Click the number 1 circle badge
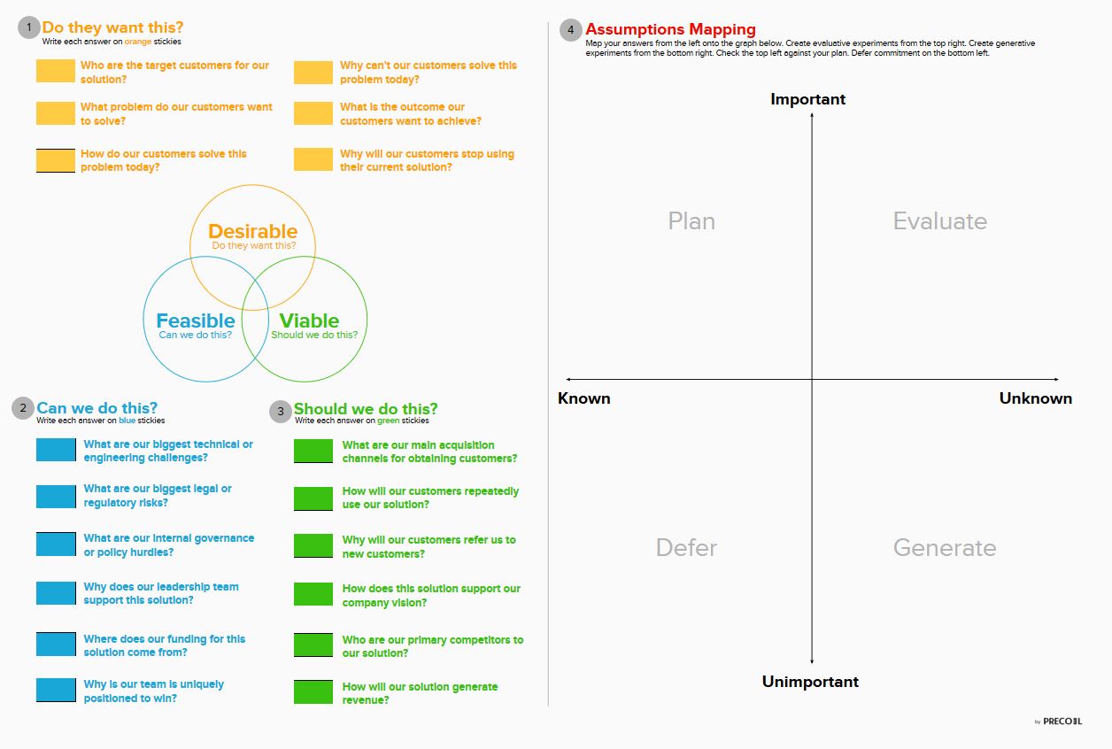tap(29, 27)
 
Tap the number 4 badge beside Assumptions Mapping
tap(571, 30)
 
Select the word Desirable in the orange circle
tap(252, 231)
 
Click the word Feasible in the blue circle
tap(196, 320)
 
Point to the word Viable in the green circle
tap(309, 320)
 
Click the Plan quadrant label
tap(691, 220)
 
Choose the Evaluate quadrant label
tap(939, 220)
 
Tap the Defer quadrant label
tap(686, 547)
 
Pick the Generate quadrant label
tap(945, 547)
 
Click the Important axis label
tap(807, 99)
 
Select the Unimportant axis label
tap(810, 682)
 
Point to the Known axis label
tap(583, 398)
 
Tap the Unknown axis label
tap(1036, 398)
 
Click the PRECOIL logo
tap(1062, 722)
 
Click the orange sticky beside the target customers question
tap(56, 71)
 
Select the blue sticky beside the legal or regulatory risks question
tap(56, 497)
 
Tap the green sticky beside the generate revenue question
tap(313, 692)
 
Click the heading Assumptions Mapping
tap(671, 29)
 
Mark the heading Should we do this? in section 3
tap(366, 408)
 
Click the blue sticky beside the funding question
tap(56, 644)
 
